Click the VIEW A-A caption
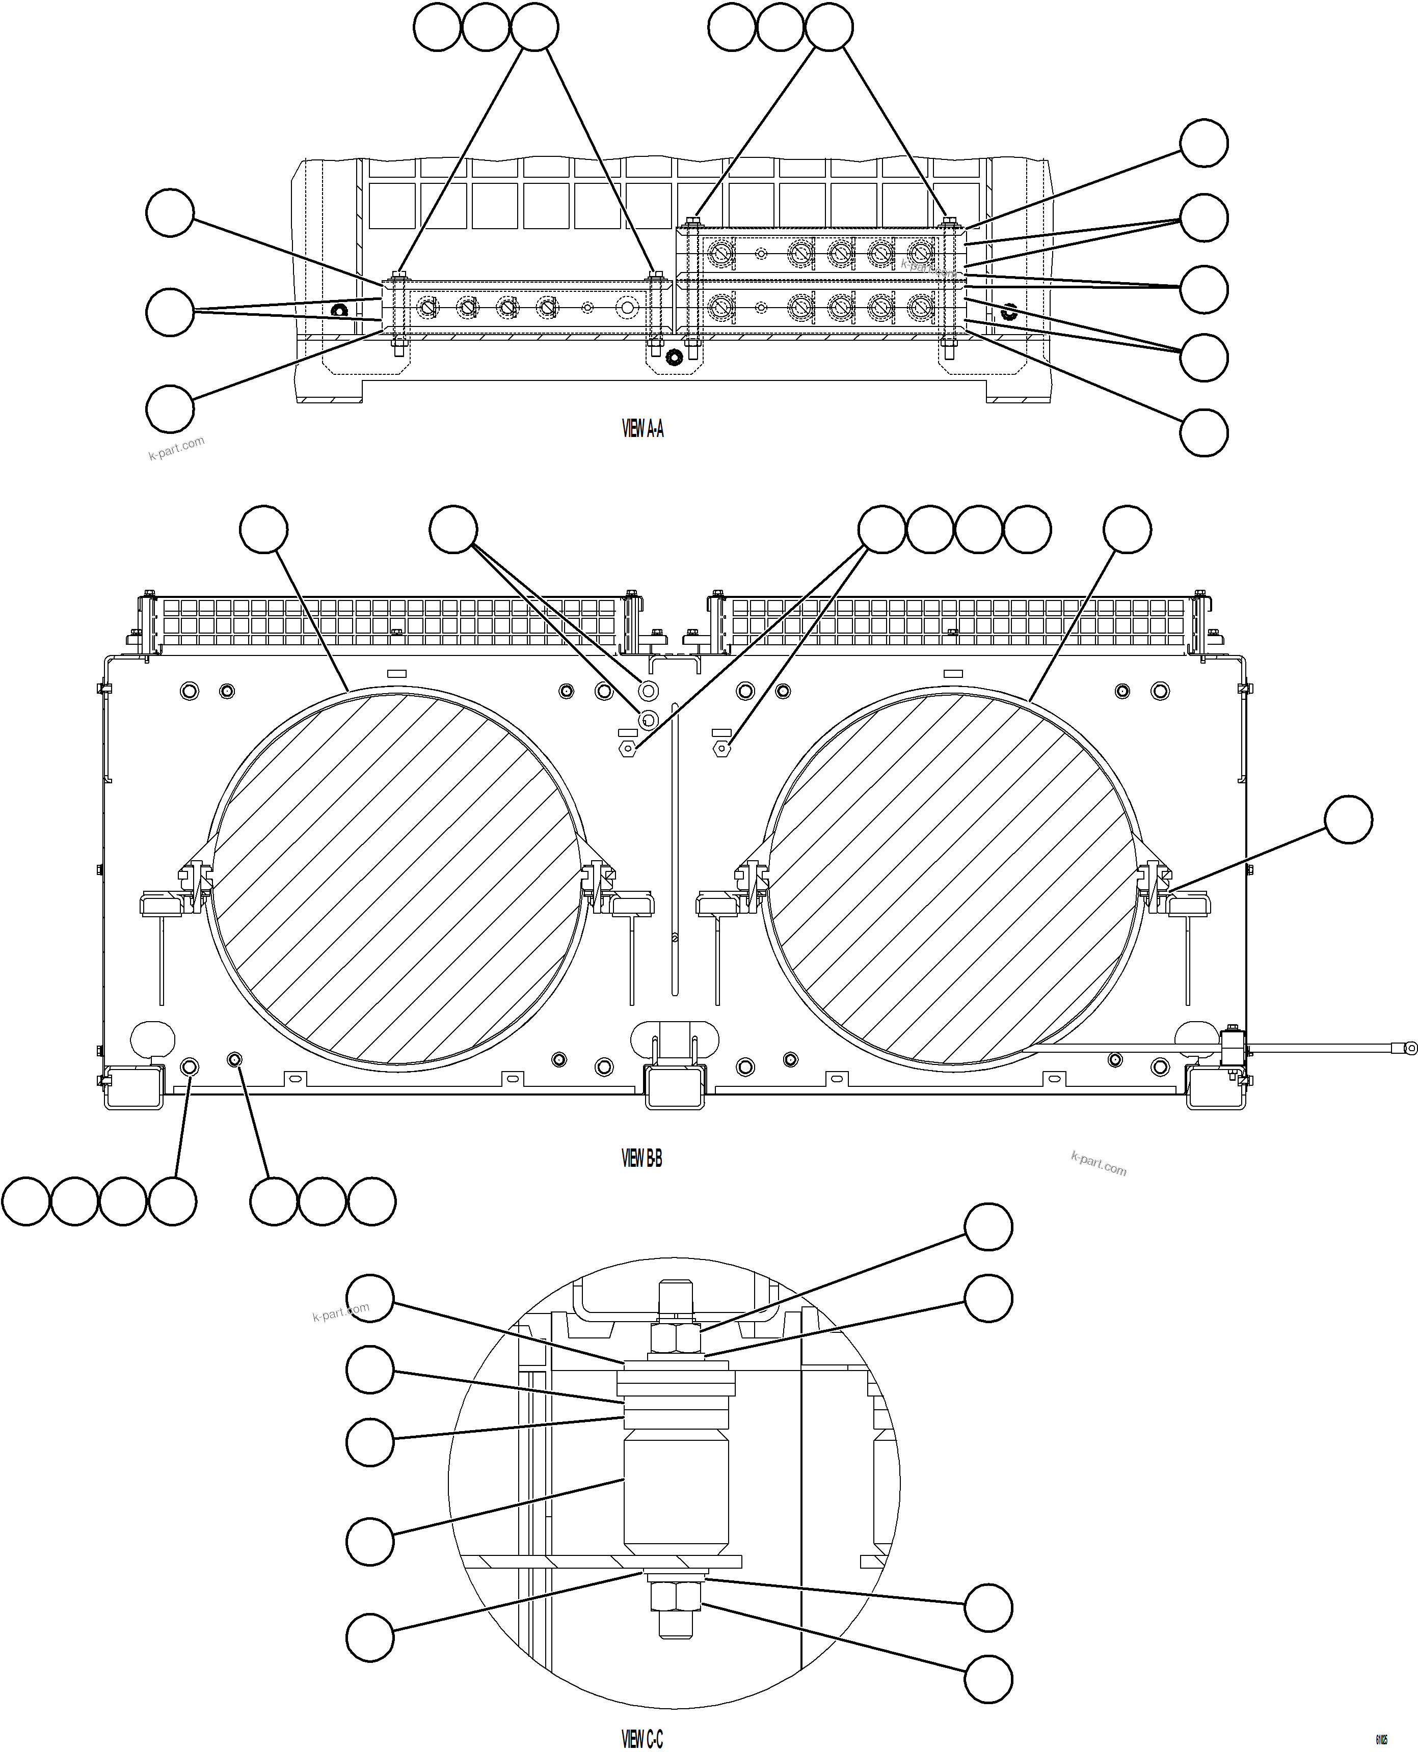[643, 429]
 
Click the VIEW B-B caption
[642, 1159]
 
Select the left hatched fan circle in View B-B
[398, 879]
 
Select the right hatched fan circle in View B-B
[952, 879]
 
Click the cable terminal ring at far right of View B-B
[1410, 1048]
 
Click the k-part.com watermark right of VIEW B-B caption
[1099, 1164]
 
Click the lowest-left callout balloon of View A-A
[170, 409]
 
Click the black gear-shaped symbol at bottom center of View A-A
[674, 358]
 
